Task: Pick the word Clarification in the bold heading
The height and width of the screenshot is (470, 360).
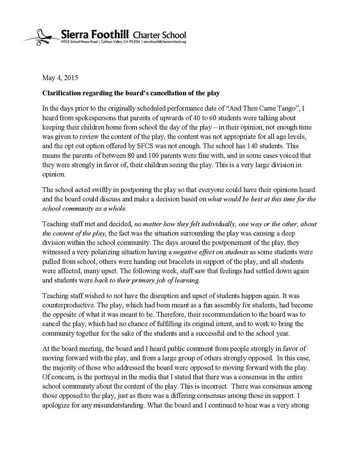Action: (62, 93)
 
